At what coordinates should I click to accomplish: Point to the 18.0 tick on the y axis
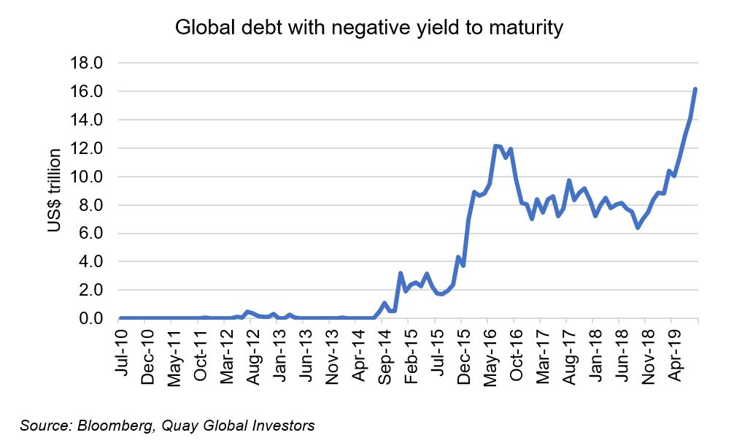point(87,64)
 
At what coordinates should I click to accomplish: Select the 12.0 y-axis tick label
point(87,148)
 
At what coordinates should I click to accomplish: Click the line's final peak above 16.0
point(695,89)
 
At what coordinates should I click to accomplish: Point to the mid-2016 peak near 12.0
point(495,146)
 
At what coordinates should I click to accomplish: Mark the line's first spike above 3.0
point(401,274)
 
